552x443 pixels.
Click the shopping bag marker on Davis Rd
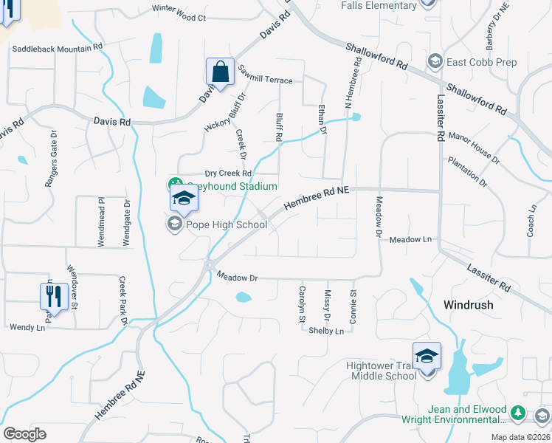click(x=220, y=72)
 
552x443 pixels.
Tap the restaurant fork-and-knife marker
click(x=54, y=297)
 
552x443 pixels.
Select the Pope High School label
click(x=221, y=224)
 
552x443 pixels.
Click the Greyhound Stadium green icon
click(x=175, y=185)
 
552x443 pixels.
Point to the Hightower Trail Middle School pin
click(x=427, y=357)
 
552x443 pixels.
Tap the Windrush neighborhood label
click(x=468, y=304)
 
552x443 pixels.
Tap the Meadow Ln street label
click(x=410, y=240)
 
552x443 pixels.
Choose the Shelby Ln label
click(x=326, y=331)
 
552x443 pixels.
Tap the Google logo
click(x=24, y=434)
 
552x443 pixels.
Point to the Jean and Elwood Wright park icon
click(x=519, y=411)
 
